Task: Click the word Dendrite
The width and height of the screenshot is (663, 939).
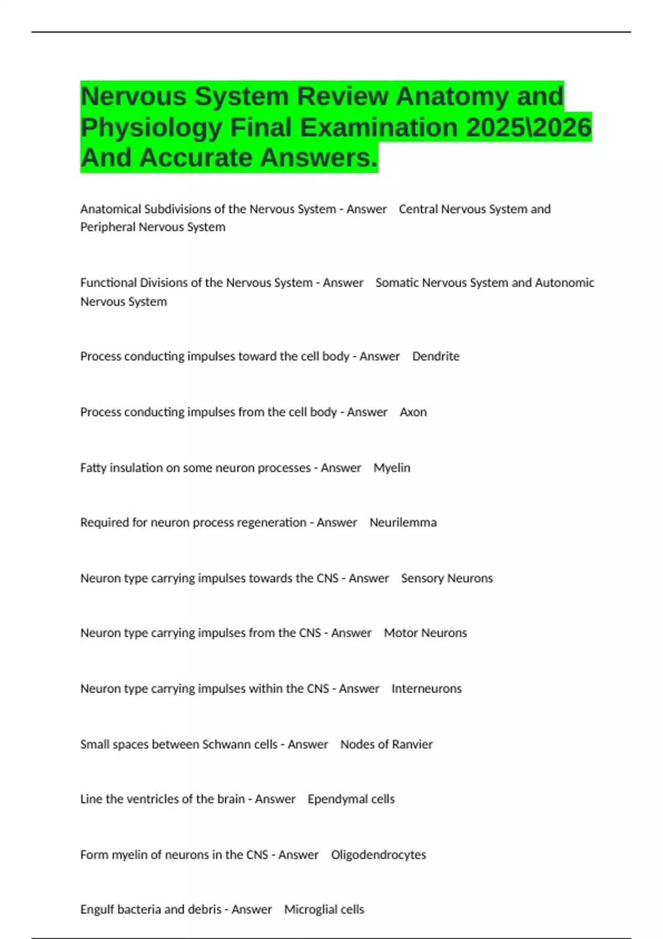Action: coord(435,356)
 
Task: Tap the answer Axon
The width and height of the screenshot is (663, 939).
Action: coord(413,412)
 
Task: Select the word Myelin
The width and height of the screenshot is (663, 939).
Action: coord(392,468)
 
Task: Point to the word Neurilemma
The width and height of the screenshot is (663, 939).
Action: coord(403,523)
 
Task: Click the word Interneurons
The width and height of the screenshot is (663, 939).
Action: coord(427,689)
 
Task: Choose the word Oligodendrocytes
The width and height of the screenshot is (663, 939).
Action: coord(378,855)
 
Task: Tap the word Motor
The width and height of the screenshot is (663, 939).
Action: coord(401,633)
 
